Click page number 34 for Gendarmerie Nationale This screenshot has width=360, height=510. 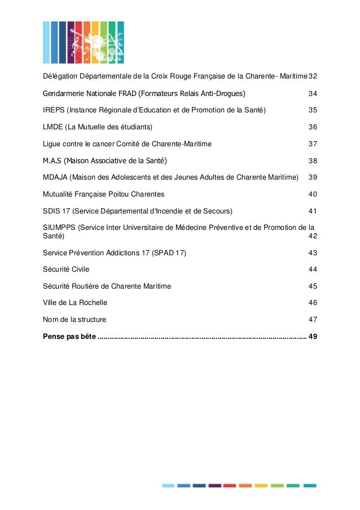(x=312, y=93)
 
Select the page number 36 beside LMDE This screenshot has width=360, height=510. (x=312, y=127)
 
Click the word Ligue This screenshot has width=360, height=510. (x=52, y=143)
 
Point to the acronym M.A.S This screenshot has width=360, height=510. (x=52, y=160)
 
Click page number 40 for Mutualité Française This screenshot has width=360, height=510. (x=312, y=194)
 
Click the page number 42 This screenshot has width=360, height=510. (x=312, y=236)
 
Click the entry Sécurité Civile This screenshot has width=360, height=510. (x=66, y=269)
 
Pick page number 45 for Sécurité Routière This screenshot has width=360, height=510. (x=312, y=286)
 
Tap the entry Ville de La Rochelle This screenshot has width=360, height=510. (x=75, y=303)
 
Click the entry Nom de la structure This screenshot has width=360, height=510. (x=74, y=320)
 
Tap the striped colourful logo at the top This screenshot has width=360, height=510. (x=84, y=42)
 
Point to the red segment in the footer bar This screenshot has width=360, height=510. (x=229, y=485)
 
